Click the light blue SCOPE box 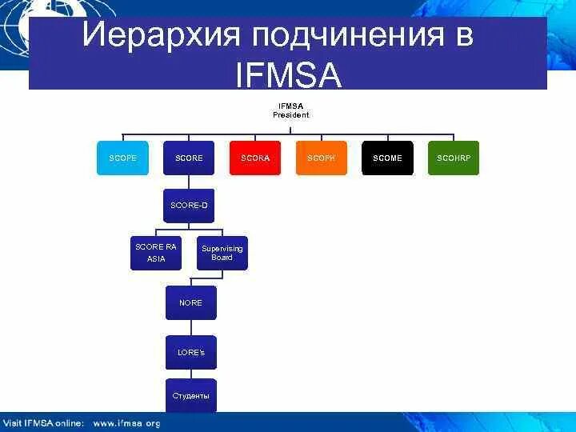tap(122, 158)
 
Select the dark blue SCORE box tap(189, 158)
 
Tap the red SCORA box tap(255, 158)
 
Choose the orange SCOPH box tap(322, 158)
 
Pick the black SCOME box tap(388, 158)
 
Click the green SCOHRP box tap(454, 158)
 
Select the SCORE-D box tap(189, 206)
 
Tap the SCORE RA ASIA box tap(155, 253)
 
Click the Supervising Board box tap(222, 253)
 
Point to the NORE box tap(190, 302)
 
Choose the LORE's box tap(190, 352)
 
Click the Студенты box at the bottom tap(190, 396)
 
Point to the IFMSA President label tap(290, 110)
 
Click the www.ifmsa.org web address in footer tap(126, 422)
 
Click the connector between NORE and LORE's tap(190, 328)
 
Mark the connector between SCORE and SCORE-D tap(189, 182)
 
